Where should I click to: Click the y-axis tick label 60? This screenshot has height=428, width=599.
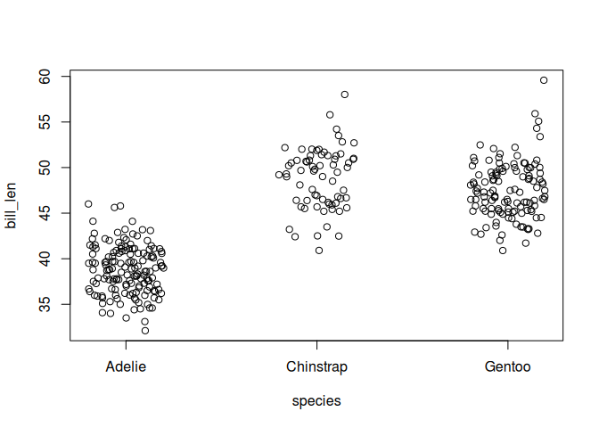45,77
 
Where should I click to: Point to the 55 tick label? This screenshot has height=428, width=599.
45,122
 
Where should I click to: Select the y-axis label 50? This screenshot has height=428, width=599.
45,168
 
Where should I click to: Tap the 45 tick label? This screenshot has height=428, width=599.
45,213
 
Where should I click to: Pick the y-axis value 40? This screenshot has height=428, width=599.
45,259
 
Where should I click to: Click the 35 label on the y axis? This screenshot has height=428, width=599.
45,305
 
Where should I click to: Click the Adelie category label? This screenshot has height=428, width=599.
126,366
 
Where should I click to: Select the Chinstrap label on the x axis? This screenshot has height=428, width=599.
316,366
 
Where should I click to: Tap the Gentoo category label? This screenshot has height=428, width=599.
508,366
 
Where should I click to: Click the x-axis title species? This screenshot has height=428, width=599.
316,401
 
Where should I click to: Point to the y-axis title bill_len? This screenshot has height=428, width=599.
11,206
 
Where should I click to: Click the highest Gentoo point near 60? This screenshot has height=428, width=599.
544,80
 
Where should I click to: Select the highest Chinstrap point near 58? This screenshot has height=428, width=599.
345,95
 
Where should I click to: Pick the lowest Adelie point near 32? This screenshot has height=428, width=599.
145,331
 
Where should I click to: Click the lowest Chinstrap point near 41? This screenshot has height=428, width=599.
319,251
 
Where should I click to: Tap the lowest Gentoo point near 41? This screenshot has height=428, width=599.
503,251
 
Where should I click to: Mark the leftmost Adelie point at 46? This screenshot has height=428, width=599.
88,204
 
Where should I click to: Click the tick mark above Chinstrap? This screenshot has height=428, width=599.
316,345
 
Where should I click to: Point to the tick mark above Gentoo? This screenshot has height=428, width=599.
508,345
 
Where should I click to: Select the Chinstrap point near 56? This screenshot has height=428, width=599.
330,115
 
